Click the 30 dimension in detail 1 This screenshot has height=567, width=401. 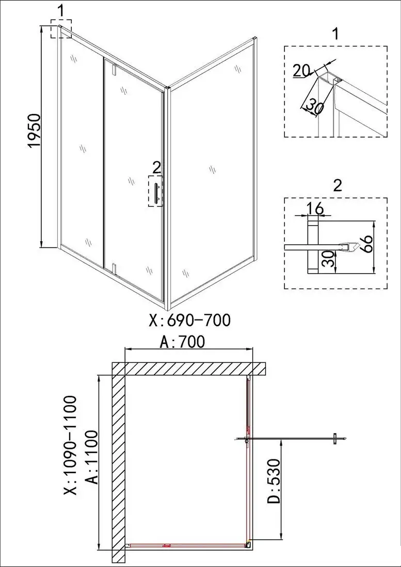tap(314, 105)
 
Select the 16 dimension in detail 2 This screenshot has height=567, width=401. tap(316, 208)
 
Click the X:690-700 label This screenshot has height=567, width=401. tap(189, 321)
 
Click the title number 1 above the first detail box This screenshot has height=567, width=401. tap(336, 35)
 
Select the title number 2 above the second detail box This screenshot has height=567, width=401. tap(337, 185)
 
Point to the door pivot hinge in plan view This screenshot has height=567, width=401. tap(247, 441)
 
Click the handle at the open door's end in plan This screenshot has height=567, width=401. tap(334, 439)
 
